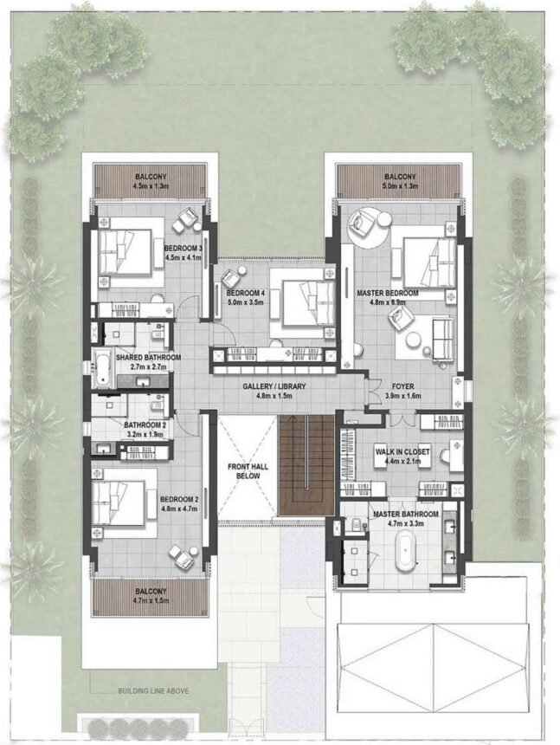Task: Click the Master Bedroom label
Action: coord(387,294)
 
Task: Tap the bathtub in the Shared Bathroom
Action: coord(100,367)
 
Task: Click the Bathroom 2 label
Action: coord(145,425)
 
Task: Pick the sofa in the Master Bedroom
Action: coord(441,338)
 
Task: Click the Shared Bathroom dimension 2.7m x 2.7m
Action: coord(148,367)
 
